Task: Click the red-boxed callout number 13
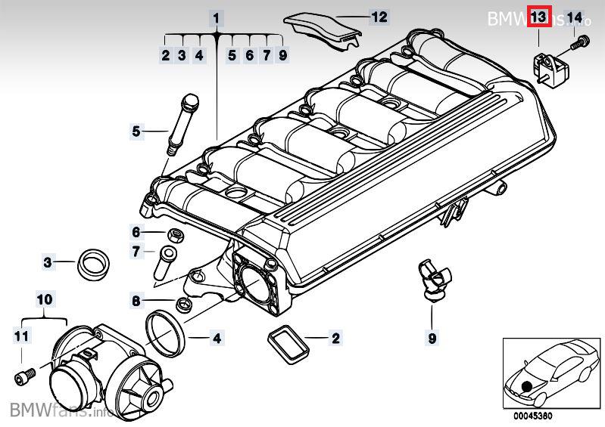[x=538, y=17]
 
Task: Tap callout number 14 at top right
[x=575, y=17]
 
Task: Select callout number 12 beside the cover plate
[x=379, y=16]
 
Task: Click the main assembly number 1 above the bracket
[x=217, y=17]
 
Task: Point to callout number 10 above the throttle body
[x=45, y=299]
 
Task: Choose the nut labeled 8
[x=182, y=305]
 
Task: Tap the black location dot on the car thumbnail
[x=526, y=386]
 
